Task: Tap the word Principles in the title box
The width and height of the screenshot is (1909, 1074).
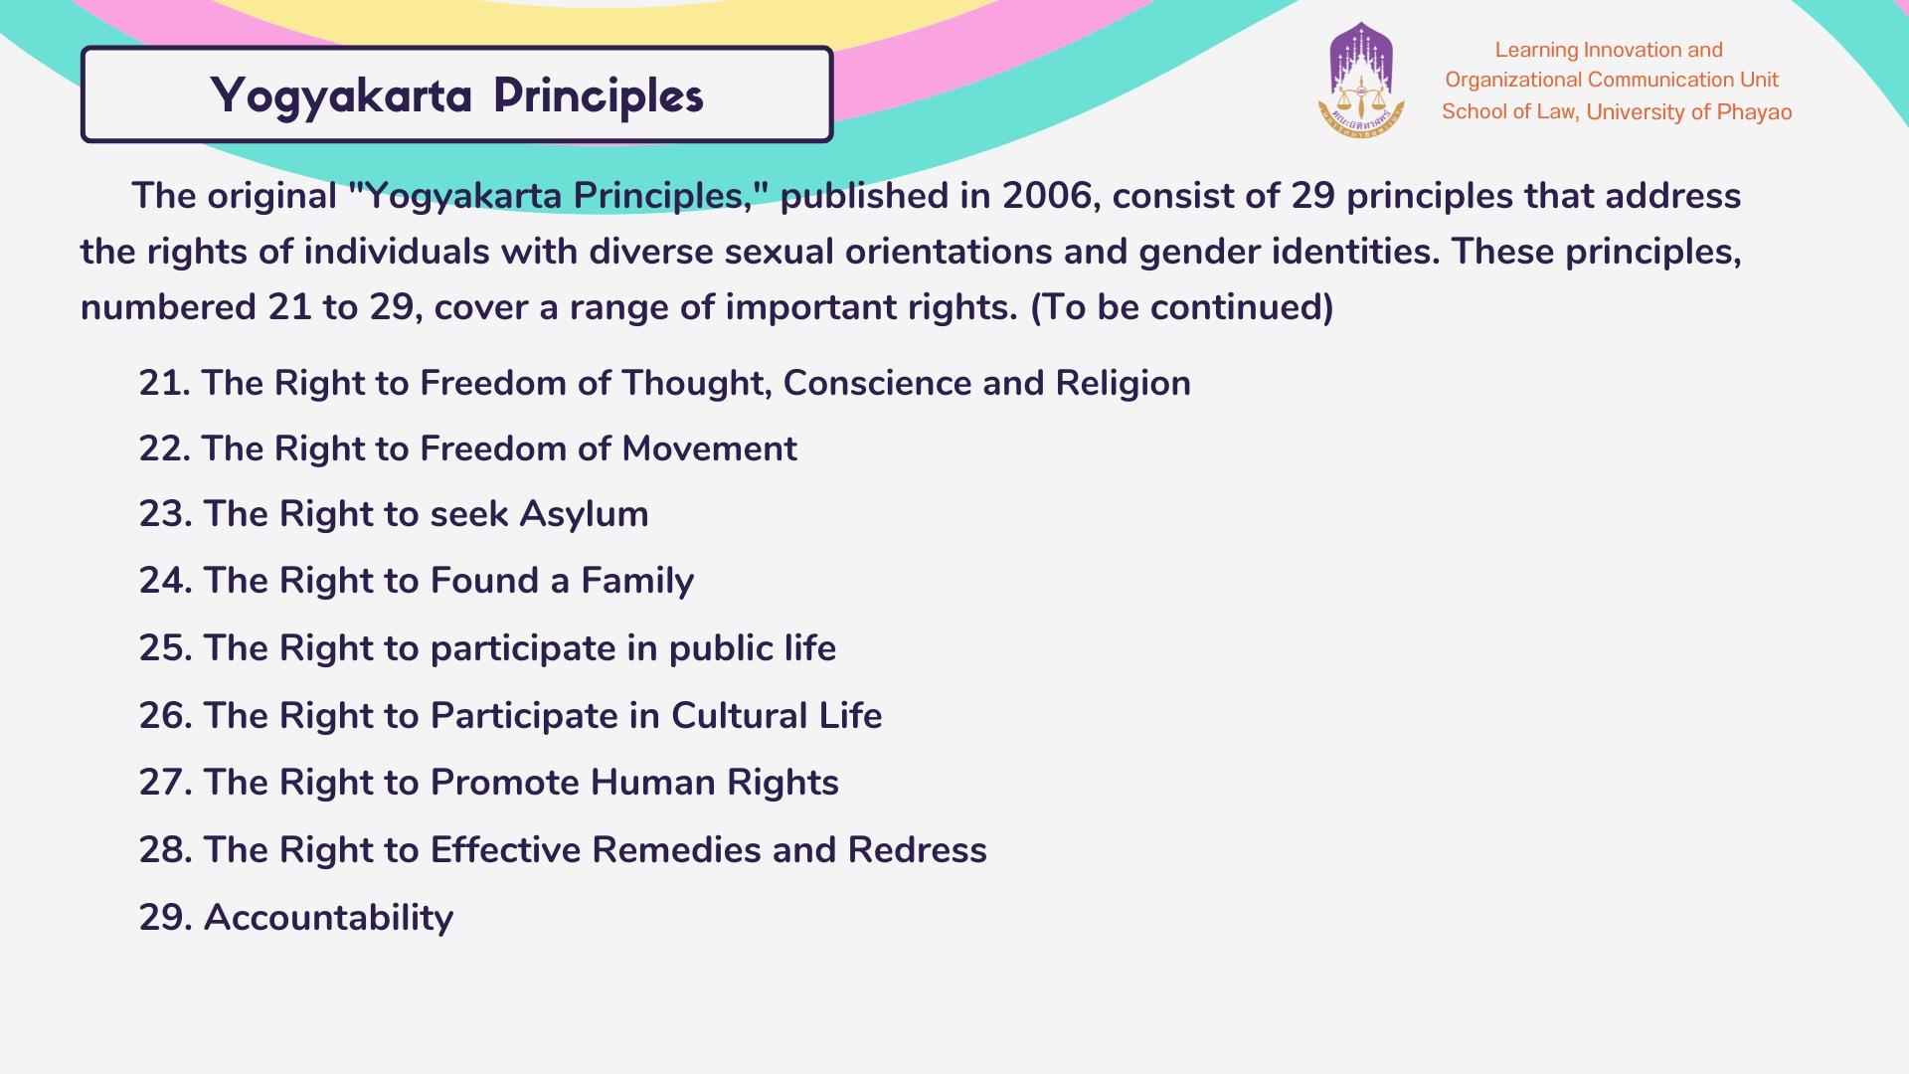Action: click(599, 96)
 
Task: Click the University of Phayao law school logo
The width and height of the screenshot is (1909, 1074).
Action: click(1361, 80)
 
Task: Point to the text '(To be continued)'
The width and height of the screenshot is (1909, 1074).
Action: click(1181, 307)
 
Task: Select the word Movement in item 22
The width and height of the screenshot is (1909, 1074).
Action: click(709, 448)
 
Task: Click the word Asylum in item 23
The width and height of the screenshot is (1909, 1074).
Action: click(584, 515)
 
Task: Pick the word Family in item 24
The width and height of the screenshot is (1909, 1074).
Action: click(637, 582)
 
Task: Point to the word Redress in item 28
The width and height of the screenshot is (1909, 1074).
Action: click(917, 850)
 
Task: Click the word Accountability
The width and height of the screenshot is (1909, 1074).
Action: click(328, 918)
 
